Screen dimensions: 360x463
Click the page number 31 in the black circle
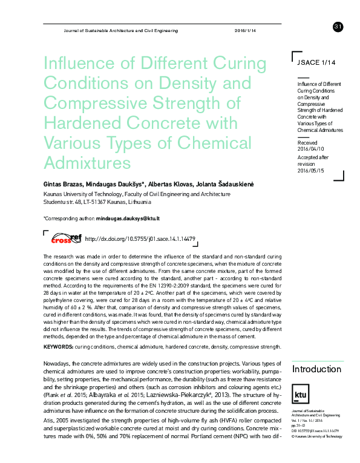pyautogui.click(x=338, y=26)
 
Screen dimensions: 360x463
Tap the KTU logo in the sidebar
pyautogui.click(x=300, y=394)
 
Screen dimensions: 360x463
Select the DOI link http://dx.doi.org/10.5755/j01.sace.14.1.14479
pyautogui.click(x=140, y=239)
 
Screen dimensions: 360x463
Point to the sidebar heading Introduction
pyautogui.click(x=316, y=369)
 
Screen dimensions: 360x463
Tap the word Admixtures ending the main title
pyautogui.click(x=87, y=163)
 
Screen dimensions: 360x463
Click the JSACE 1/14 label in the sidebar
pyautogui.click(x=315, y=62)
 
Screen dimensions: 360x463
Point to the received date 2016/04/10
pyautogui.click(x=311, y=148)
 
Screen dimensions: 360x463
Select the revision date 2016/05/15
pyautogui.click(x=311, y=170)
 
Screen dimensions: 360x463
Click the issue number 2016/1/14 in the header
pyautogui.click(x=245, y=31)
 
